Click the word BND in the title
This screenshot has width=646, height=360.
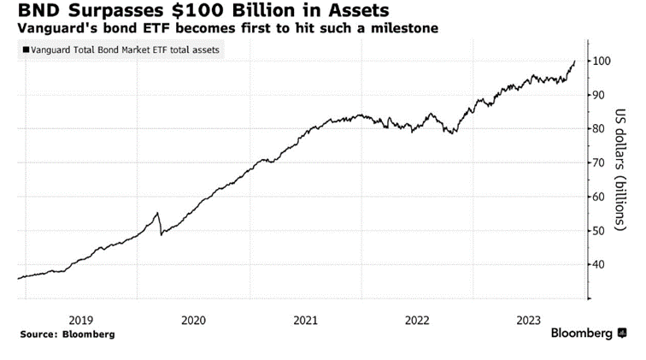point(28,11)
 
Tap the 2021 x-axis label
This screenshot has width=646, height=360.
point(306,320)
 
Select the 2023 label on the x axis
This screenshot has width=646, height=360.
point(531,320)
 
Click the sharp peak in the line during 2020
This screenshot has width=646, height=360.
point(157,213)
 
